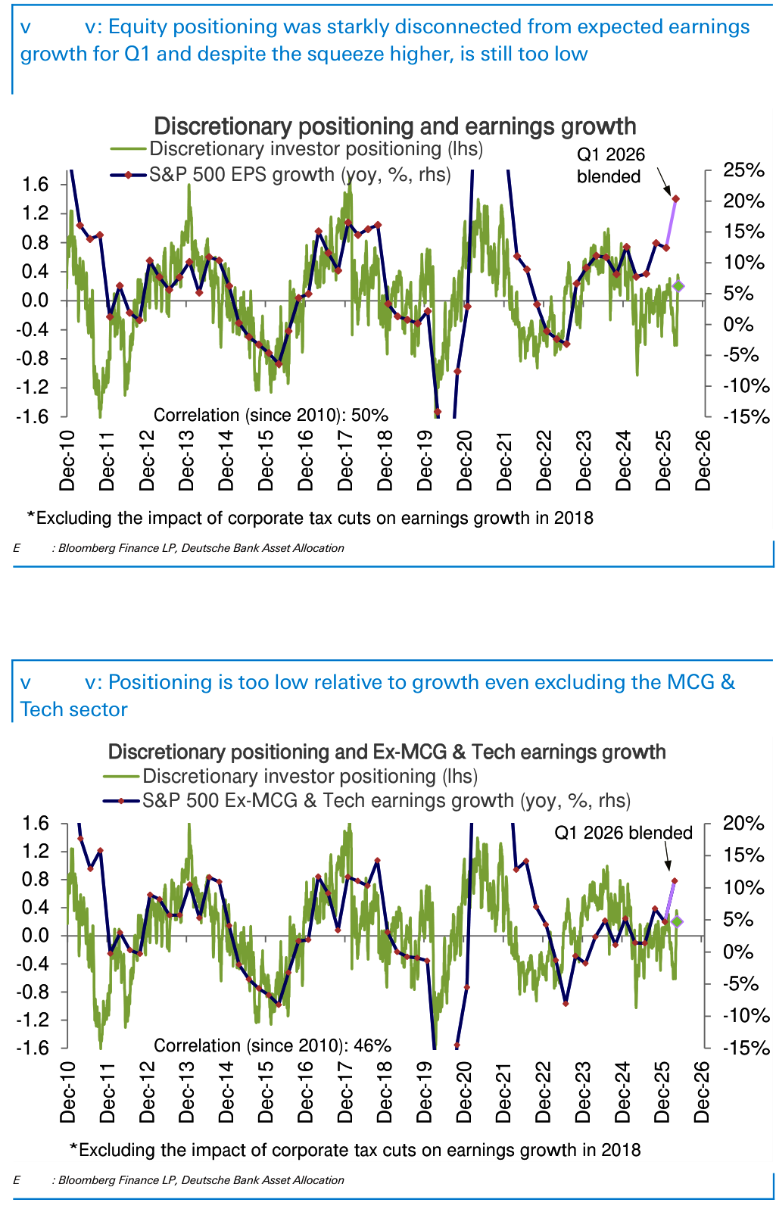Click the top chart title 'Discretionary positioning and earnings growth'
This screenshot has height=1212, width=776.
coord(394,126)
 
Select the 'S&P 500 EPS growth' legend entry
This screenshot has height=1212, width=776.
coord(299,175)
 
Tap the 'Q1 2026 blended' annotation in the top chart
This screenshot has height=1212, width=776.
coord(610,166)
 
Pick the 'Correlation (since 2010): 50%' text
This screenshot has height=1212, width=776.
coord(270,415)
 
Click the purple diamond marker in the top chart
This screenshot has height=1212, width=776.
coord(678,286)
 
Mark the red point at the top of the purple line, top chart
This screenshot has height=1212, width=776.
coord(675,199)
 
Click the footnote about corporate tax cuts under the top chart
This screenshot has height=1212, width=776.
coord(310,518)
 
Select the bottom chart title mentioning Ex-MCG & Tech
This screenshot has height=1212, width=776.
coord(387,752)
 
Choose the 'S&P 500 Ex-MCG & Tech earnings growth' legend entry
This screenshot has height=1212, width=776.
coord(386,800)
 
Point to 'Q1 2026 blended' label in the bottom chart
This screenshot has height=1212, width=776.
coord(623,833)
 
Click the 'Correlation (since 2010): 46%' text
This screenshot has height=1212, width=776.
coord(273,1045)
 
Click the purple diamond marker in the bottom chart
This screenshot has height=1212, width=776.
coord(678,921)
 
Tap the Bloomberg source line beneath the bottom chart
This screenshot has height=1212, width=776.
coord(201,1180)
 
